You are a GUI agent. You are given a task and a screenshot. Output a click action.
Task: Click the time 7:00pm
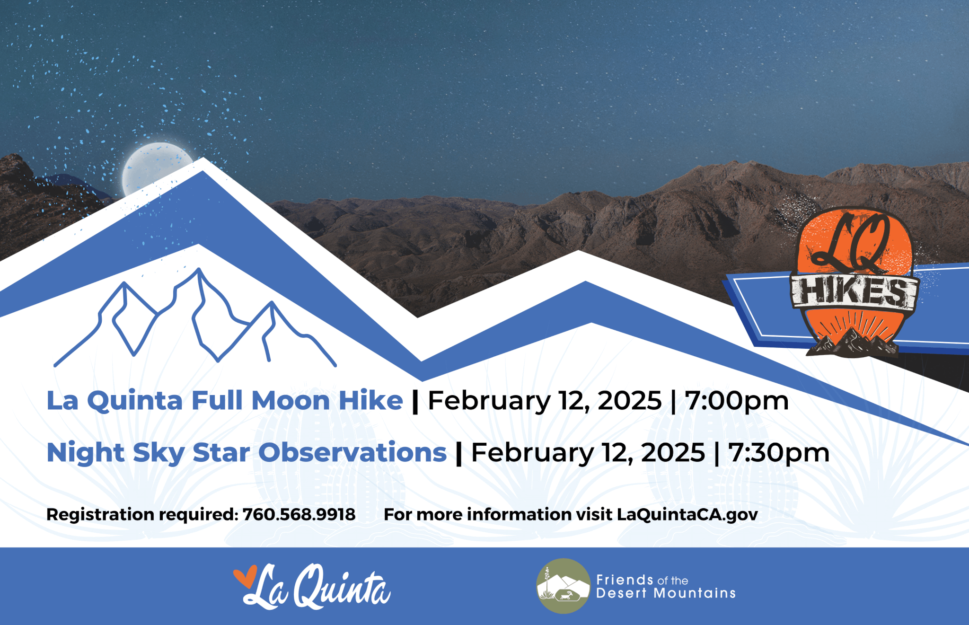(x=737, y=401)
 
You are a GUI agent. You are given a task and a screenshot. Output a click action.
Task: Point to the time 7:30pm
(x=779, y=453)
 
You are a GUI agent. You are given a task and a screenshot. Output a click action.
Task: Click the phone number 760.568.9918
(x=299, y=514)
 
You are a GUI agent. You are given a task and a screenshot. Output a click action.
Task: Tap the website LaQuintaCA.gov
(x=687, y=515)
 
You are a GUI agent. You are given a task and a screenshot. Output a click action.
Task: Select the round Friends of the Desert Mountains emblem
(x=563, y=586)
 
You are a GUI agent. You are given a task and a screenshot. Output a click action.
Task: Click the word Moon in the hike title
(x=291, y=401)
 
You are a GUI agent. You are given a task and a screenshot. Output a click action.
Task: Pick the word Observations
(x=352, y=452)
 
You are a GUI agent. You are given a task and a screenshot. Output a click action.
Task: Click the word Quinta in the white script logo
(x=342, y=586)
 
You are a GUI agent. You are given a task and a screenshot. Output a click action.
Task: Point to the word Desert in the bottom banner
(x=621, y=593)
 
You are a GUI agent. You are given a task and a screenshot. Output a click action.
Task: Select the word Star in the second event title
(x=221, y=452)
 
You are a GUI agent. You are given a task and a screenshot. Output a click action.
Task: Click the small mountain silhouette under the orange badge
(x=852, y=343)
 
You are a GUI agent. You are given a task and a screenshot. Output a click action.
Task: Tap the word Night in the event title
(x=86, y=453)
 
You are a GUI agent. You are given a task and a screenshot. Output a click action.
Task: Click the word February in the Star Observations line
(x=532, y=453)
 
